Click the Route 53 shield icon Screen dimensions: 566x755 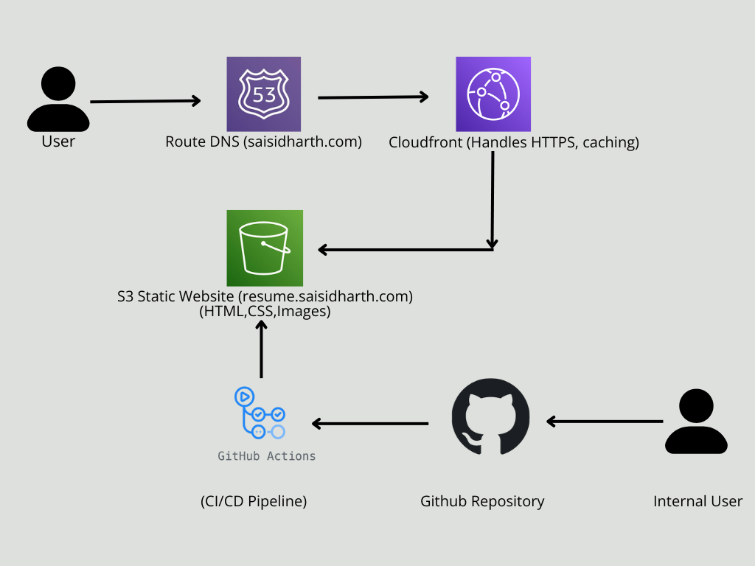(263, 94)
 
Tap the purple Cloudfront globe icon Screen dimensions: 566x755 (493, 94)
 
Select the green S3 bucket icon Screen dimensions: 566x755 (264, 248)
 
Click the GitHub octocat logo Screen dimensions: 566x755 (490, 416)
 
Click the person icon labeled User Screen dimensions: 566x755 (58, 99)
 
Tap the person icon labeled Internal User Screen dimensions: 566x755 (696, 422)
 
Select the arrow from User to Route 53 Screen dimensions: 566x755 (145, 101)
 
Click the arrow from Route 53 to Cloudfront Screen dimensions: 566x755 (373, 97)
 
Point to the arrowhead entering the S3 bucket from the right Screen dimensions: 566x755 (324, 250)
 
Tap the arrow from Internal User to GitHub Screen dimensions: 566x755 (604, 422)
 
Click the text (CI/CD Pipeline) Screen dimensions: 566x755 (254, 501)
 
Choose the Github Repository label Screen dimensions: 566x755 (482, 501)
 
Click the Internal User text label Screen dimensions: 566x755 (697, 501)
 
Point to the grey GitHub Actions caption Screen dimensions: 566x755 (266, 456)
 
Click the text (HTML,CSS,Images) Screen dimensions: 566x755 (264, 312)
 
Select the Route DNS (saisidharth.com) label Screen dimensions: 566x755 (263, 141)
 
